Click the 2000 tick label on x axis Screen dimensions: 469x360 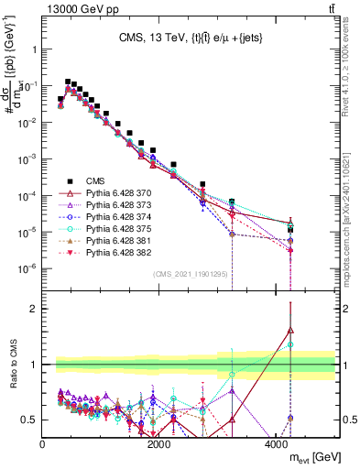click(159, 444)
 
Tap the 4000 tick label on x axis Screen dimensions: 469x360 click(277, 444)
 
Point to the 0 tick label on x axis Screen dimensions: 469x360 click(43, 444)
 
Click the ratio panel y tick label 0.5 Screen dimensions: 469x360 click(29, 420)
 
